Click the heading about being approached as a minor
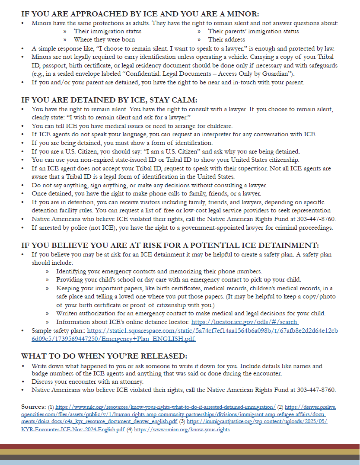click(x=140, y=14)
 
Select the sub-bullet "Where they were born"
click(x=104, y=39)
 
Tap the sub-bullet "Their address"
click(x=226, y=39)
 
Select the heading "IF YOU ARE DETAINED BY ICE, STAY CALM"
click(x=109, y=100)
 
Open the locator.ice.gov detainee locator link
click(x=245, y=322)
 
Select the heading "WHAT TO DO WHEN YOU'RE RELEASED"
click(x=104, y=356)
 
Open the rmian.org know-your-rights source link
click(x=182, y=430)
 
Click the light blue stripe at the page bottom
click(x=180, y=462)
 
